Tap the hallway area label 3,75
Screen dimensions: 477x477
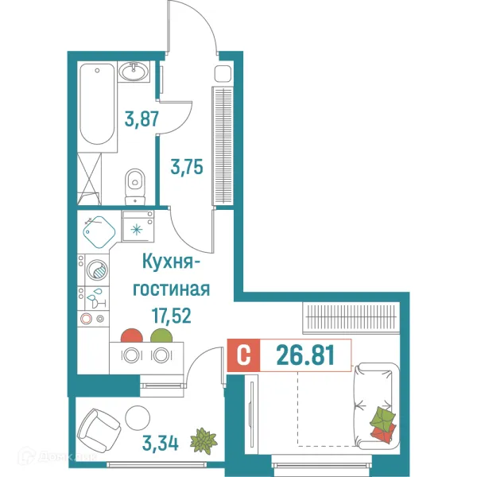coord(188,169)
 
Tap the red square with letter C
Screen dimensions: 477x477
coord(244,355)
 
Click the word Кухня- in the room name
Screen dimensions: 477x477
coord(175,262)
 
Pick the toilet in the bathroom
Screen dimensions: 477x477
coord(136,184)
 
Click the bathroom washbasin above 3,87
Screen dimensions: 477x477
coord(134,73)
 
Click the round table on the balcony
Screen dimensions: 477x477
coord(138,417)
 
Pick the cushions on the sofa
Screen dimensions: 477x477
coord(382,423)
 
